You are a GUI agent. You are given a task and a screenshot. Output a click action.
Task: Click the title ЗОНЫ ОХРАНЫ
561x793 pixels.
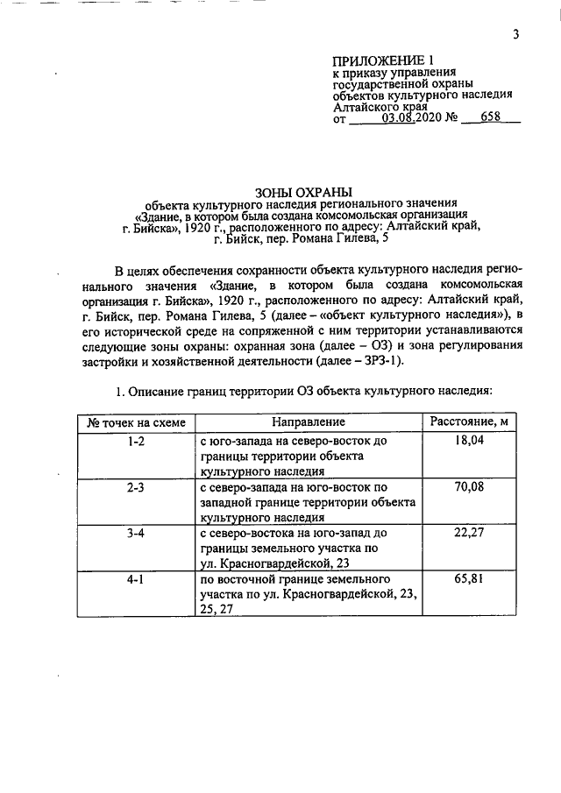(x=302, y=191)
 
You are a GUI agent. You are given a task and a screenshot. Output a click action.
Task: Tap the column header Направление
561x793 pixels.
(x=309, y=422)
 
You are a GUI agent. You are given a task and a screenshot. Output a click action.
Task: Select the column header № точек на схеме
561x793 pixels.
(x=136, y=422)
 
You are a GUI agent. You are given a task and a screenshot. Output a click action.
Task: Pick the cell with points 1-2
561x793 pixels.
(x=136, y=442)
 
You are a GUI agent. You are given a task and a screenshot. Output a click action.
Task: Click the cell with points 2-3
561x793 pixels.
(x=136, y=486)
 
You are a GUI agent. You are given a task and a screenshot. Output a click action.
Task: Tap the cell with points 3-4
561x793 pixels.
(x=136, y=533)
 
